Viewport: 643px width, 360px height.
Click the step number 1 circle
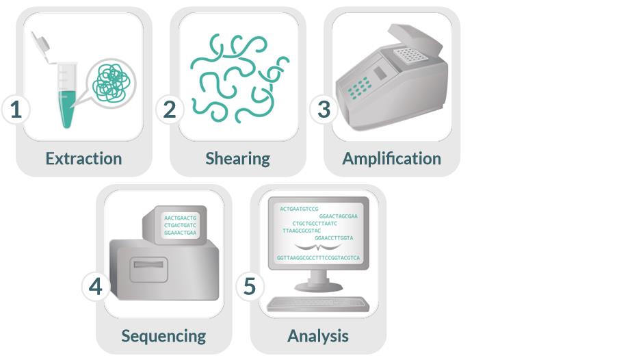tap(16, 110)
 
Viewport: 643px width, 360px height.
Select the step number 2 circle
tap(170, 110)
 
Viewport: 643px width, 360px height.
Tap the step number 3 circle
tap(324, 110)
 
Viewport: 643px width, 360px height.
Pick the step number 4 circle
tap(96, 287)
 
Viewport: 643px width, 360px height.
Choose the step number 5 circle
tap(250, 287)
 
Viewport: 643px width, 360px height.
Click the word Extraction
tap(83, 159)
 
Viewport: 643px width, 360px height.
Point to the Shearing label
tap(238, 159)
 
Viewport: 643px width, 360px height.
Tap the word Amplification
tap(392, 159)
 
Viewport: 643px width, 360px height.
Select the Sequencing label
tap(163, 336)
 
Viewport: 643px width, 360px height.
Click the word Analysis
tap(318, 336)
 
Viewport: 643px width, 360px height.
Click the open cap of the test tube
tap(42, 42)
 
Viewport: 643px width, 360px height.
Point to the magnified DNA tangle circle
tap(111, 83)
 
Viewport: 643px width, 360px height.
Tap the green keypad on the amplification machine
tap(359, 88)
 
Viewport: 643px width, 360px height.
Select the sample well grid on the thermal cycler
tap(408, 55)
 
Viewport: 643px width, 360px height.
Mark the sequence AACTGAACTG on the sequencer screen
tap(180, 218)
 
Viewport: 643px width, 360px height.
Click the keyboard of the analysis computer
tap(318, 304)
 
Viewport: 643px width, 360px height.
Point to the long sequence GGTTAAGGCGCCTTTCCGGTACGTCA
tap(318, 258)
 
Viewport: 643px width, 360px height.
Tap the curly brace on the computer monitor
tap(318, 246)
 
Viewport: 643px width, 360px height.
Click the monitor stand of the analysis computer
tap(318, 281)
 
